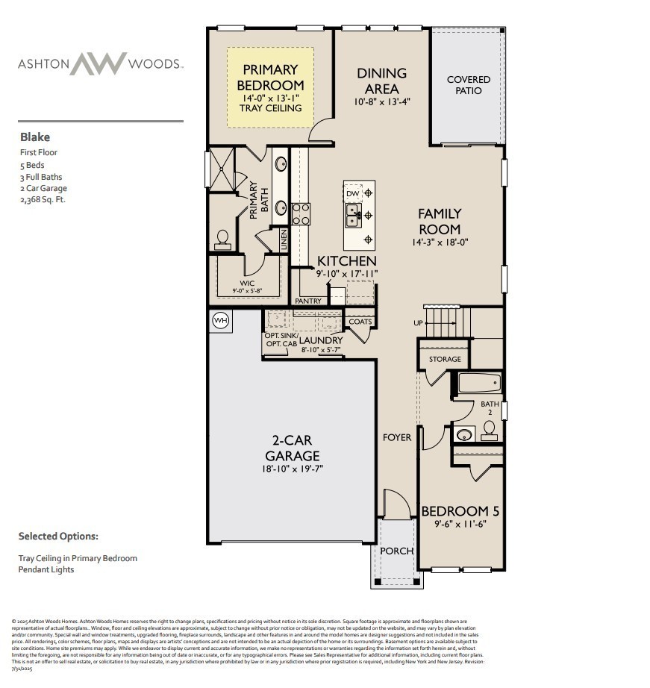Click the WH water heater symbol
(x=221, y=320)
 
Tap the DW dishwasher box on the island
(x=353, y=194)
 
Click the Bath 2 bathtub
(x=481, y=384)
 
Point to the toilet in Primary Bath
(x=222, y=237)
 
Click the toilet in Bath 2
(x=490, y=429)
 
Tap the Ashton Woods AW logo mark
(x=99, y=63)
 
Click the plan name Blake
(x=35, y=137)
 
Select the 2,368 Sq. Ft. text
(x=43, y=199)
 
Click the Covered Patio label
(x=469, y=85)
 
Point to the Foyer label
(x=397, y=437)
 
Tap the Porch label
(x=396, y=551)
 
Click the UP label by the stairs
(x=418, y=323)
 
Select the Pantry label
(x=308, y=301)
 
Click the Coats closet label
(x=360, y=322)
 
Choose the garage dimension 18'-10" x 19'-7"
(x=293, y=470)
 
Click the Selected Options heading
(x=58, y=536)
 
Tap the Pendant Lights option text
(x=46, y=569)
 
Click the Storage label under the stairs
(x=445, y=360)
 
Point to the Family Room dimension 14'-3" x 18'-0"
(x=439, y=242)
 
